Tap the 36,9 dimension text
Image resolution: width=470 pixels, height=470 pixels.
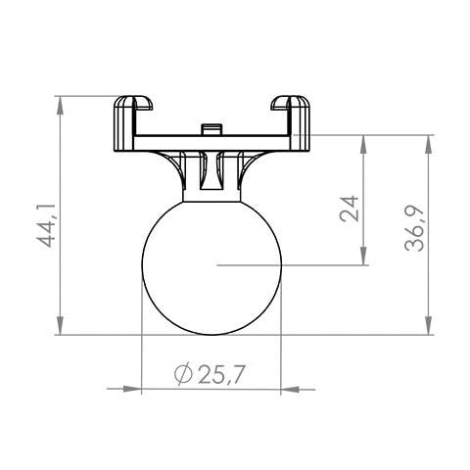(x=417, y=229)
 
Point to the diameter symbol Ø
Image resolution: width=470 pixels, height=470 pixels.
(x=182, y=373)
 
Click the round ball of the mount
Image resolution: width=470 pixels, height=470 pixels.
(x=212, y=264)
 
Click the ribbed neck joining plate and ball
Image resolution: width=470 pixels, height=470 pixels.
(x=212, y=172)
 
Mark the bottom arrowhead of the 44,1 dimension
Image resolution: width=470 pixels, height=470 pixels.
(x=61, y=328)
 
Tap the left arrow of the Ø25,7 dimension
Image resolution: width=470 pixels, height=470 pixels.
(x=131, y=390)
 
